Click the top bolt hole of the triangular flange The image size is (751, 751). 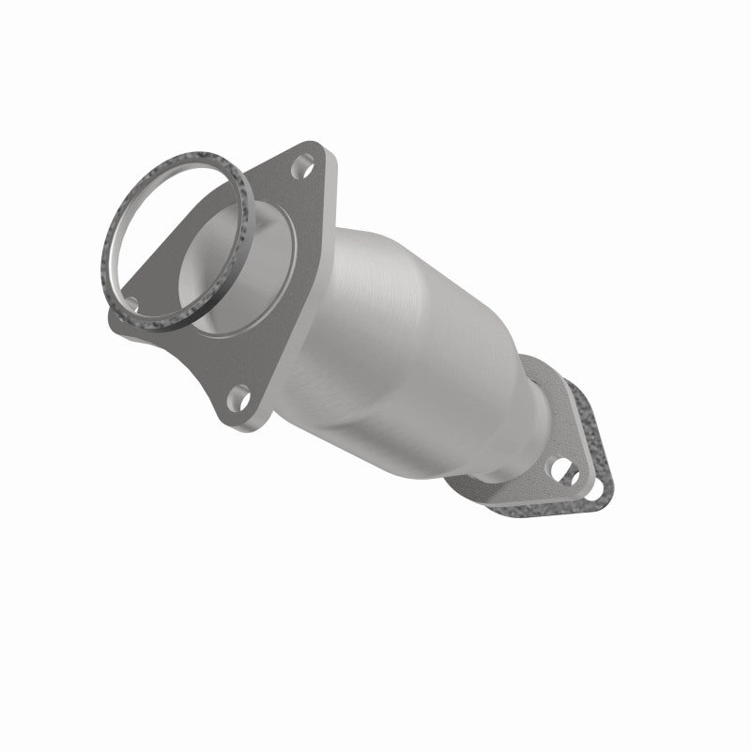pyautogui.click(x=300, y=171)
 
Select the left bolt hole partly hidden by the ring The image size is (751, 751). pyautogui.click(x=131, y=303)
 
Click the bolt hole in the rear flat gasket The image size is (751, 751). pyautogui.click(x=593, y=489)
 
